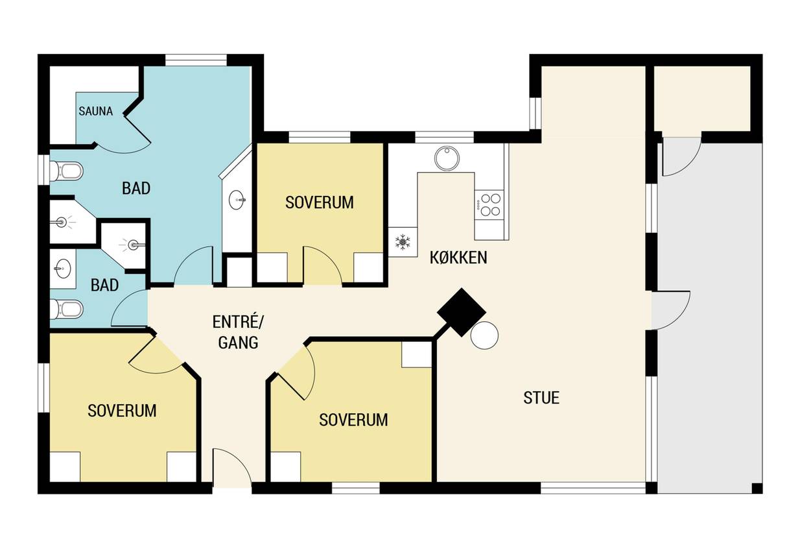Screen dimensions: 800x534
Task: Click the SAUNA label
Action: coord(96,111)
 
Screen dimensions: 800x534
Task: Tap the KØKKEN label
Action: coord(458,258)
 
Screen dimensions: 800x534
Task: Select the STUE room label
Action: coord(541,398)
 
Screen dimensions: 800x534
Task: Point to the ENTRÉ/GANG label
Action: coord(238,332)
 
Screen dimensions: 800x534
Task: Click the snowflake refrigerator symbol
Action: coord(403,242)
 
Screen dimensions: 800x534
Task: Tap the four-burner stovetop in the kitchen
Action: coord(489,204)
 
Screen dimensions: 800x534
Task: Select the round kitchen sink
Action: coord(447,158)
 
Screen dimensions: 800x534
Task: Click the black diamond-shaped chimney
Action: coord(462,312)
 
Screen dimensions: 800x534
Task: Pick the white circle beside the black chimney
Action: coord(485,335)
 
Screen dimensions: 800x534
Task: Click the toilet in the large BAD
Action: coord(66,171)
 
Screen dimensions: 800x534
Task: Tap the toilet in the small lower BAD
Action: coord(66,309)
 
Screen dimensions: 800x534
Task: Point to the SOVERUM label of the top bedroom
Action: coord(320,202)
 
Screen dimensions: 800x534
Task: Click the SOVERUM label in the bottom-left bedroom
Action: coord(122,411)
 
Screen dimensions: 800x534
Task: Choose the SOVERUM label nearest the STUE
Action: coord(353,420)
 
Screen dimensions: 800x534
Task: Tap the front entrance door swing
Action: coord(232,468)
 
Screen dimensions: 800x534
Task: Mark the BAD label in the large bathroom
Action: coord(136,188)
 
